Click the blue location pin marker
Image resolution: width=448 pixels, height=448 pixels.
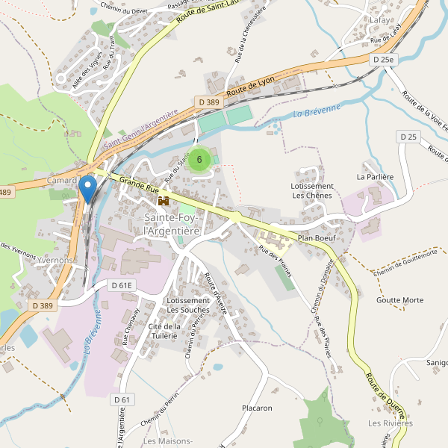coord(87,188)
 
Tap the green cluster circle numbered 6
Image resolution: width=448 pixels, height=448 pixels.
coord(199,160)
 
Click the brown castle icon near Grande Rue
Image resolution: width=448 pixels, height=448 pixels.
coord(163,201)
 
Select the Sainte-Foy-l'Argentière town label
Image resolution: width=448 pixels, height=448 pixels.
coord(172,224)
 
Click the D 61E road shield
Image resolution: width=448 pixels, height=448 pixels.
coord(121,285)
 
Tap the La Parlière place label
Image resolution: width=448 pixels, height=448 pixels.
coord(375,177)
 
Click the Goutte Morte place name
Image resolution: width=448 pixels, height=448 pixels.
coord(400,300)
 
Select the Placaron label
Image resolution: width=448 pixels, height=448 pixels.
coord(257,408)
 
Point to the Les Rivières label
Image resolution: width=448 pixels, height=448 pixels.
coord(390,423)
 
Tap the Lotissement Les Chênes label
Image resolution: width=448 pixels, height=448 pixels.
coord(312,190)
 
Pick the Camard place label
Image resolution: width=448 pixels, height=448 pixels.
coord(61,181)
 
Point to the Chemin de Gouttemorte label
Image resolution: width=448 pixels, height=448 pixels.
coord(405,267)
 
